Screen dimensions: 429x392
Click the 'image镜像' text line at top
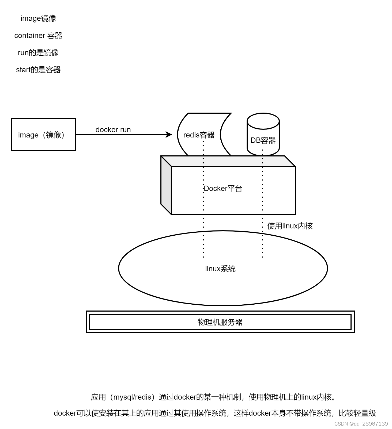click(38, 18)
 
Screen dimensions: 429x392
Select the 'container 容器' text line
click(38, 36)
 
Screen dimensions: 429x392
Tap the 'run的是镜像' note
click(38, 53)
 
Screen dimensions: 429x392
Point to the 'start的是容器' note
click(38, 70)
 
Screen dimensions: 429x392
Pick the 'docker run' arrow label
click(113, 130)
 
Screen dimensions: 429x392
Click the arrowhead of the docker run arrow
click(169, 135)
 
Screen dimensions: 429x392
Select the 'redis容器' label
click(199, 135)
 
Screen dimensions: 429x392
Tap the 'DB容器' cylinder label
click(263, 140)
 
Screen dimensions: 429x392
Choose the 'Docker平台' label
click(223, 189)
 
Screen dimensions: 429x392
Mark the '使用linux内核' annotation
click(290, 226)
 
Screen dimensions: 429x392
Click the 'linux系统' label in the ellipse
click(220, 269)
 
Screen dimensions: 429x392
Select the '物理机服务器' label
click(220, 322)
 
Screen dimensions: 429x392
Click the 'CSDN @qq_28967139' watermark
click(361, 424)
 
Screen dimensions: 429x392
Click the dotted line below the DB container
click(263, 241)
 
